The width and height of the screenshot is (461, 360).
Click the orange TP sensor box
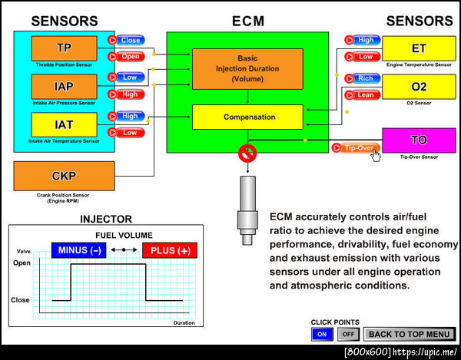(65, 48)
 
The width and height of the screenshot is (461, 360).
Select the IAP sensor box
(65, 86)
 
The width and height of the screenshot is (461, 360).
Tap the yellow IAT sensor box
(65, 124)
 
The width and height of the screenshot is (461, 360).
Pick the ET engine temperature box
(418, 48)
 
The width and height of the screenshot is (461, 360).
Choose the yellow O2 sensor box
(418, 86)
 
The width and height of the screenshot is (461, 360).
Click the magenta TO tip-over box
(418, 140)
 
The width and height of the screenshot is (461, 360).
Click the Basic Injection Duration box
(247, 68)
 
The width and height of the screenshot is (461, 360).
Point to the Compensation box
(247, 117)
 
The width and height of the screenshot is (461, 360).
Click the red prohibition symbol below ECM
(247, 152)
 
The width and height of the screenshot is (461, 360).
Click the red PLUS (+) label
(170, 250)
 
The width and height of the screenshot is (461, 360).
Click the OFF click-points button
(348, 334)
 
